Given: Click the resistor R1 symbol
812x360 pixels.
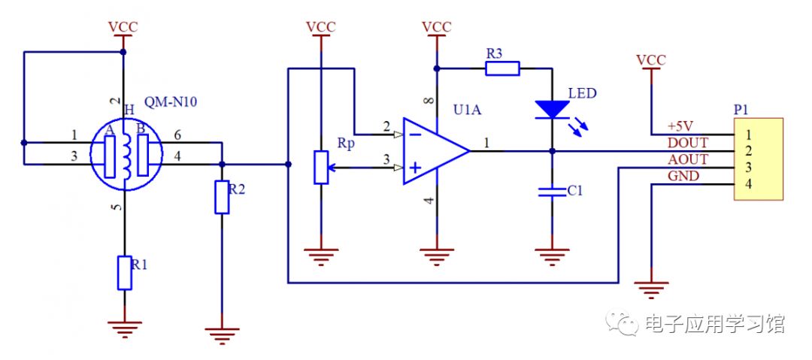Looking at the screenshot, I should click(x=125, y=272).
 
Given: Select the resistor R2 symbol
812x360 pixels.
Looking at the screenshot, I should click(x=222, y=197).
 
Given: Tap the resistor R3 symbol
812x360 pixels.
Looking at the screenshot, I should click(x=501, y=69).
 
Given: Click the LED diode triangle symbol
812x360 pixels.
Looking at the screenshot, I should click(x=553, y=110).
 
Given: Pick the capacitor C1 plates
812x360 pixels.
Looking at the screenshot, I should click(x=553, y=192).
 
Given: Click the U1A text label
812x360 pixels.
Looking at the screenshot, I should click(x=468, y=110).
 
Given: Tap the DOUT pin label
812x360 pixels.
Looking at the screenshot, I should click(x=687, y=143).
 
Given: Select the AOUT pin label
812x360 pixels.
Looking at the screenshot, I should click(x=687, y=159).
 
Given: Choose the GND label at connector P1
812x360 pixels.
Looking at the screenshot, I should click(x=683, y=176).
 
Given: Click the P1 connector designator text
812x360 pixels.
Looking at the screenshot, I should click(x=741, y=109).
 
